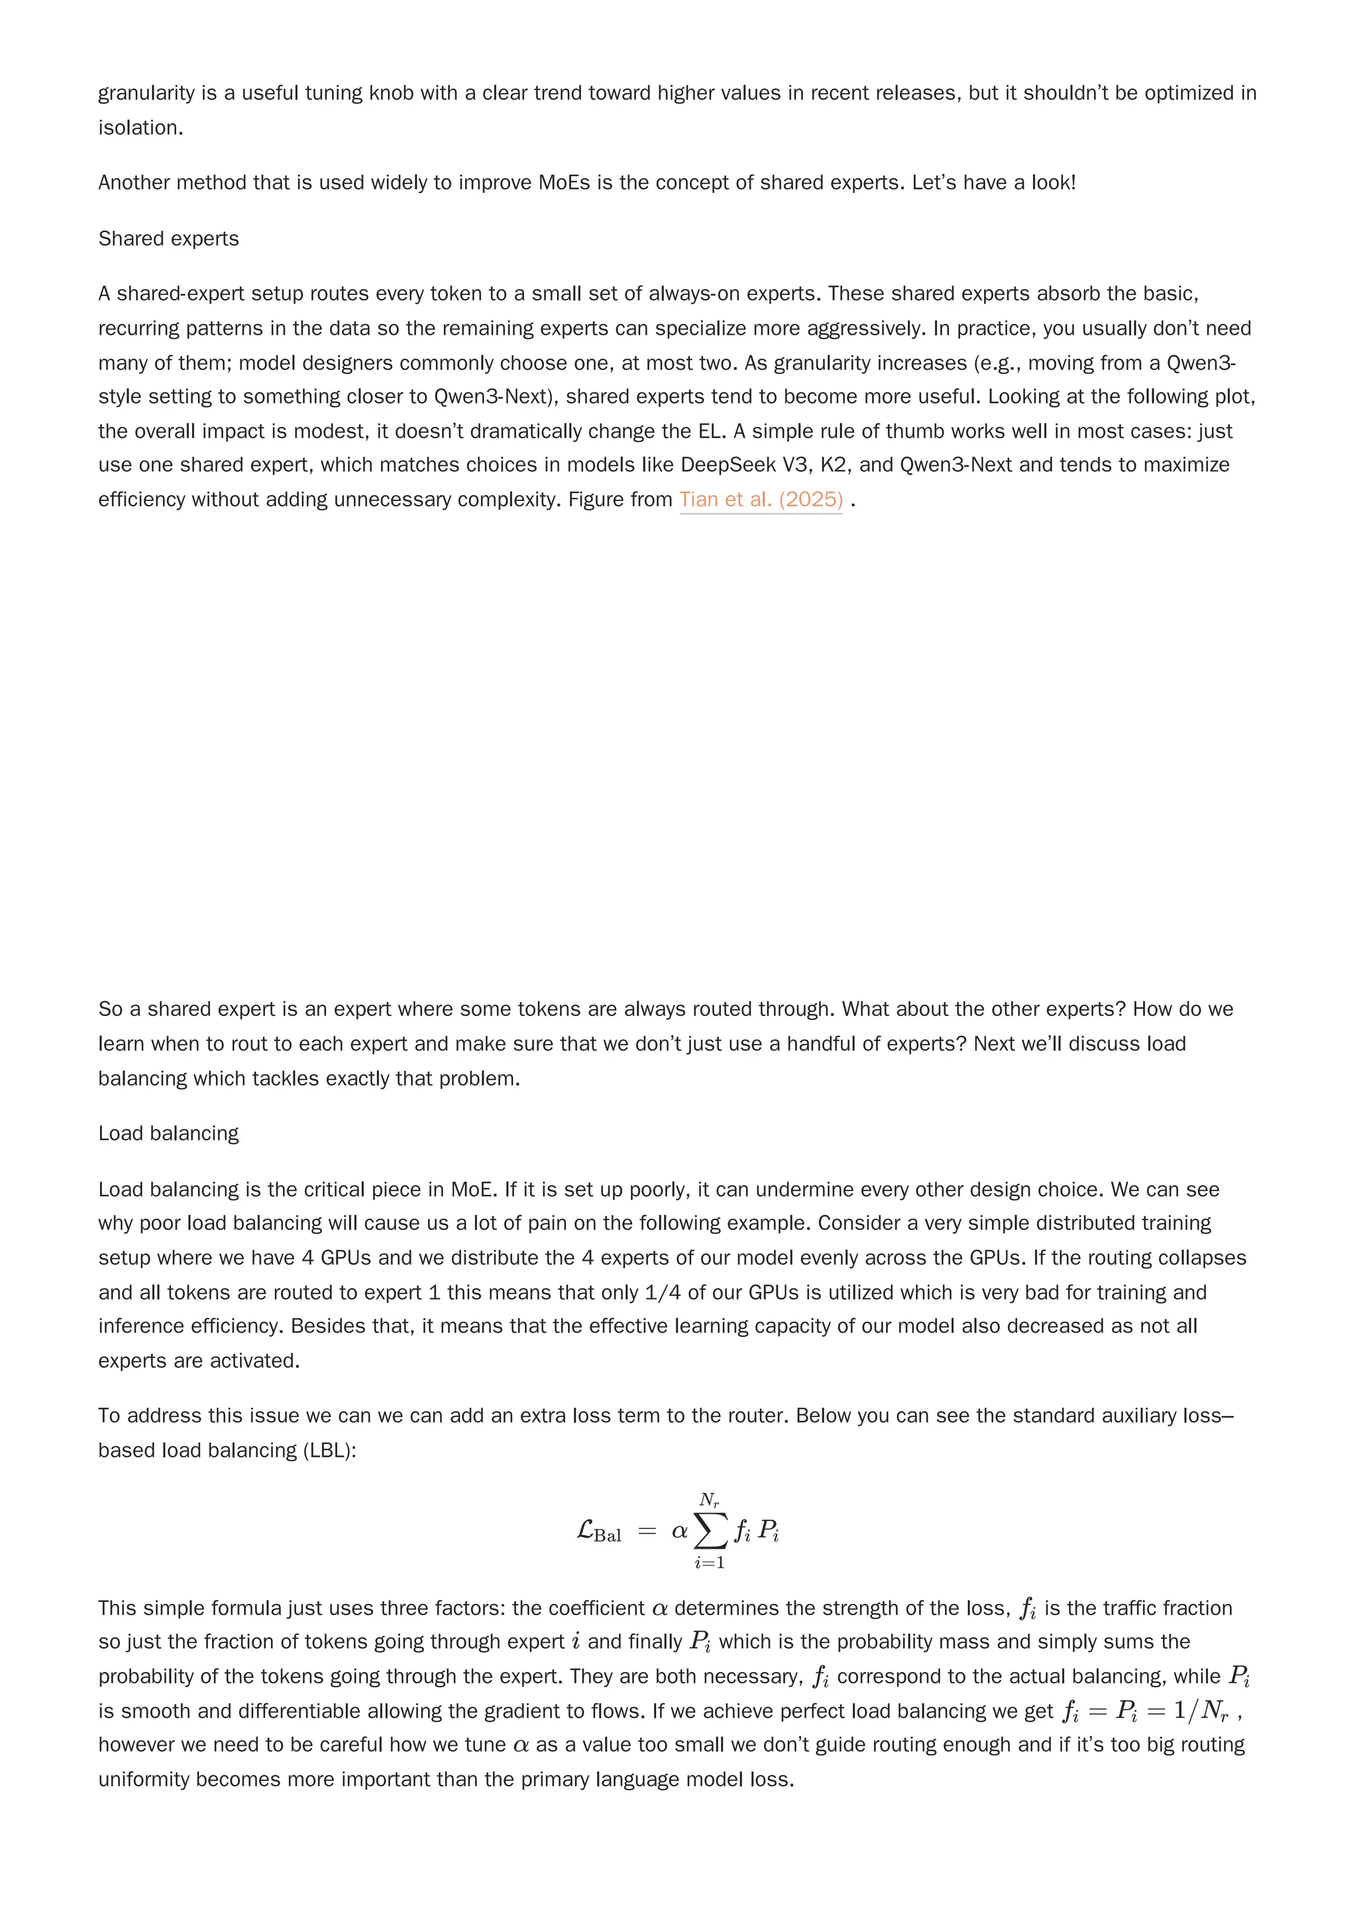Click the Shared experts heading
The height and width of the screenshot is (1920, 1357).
click(168, 239)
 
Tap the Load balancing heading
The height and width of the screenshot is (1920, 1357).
click(168, 1133)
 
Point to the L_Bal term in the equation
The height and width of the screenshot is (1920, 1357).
click(598, 1532)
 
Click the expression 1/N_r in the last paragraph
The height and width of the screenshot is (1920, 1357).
click(1201, 1711)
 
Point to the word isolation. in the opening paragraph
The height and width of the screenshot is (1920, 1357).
click(140, 128)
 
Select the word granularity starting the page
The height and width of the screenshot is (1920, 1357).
click(146, 93)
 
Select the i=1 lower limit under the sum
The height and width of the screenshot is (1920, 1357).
click(709, 1562)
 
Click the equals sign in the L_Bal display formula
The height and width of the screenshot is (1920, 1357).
click(646, 1532)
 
